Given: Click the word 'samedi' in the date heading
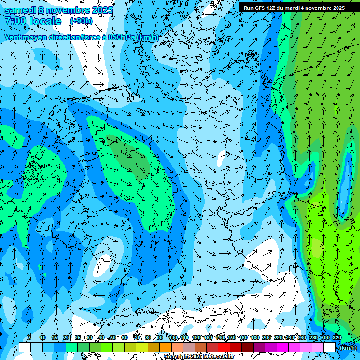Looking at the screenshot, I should pos(19,10).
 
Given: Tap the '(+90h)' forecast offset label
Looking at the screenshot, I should pos(81,21).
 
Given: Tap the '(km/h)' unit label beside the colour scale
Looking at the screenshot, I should pos(347,347).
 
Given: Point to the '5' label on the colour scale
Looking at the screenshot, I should pos(30,337).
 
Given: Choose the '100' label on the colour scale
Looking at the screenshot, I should pos(173,337).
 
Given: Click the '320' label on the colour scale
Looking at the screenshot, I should pos(337,337).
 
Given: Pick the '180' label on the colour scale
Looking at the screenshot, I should pos(255,337).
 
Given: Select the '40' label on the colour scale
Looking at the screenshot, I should pos(101,337).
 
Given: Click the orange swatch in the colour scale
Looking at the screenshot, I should pos(165,347).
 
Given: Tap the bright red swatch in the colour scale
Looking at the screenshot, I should pos(224,347).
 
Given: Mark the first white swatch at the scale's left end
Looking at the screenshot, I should pos(24,347).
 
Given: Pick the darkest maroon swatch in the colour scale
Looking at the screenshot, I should pos(247,347).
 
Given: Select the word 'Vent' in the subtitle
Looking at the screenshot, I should pos(13,37).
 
